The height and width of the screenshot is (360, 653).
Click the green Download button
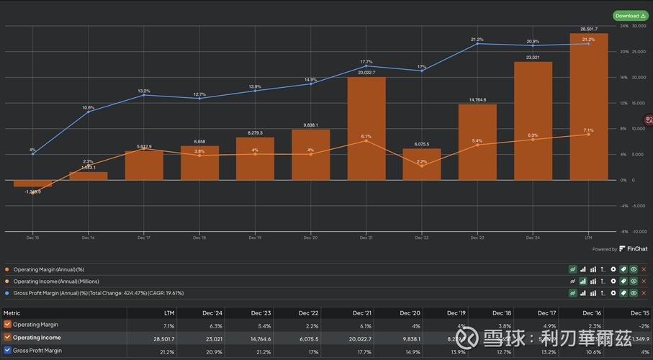629,15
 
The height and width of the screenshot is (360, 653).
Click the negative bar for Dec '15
32,184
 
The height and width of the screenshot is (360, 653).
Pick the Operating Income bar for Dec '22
422,164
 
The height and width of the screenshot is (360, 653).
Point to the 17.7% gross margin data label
366,61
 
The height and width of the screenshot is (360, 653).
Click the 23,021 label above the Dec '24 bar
533,58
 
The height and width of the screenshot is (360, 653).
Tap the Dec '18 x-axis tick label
199,237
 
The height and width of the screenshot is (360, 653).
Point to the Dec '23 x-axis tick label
477,237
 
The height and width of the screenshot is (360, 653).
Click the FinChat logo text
636,249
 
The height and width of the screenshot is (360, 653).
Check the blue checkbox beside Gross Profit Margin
7,351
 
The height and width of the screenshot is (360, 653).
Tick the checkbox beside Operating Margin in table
7,325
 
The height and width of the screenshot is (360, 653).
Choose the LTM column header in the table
168,313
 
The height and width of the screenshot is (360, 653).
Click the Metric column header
12,313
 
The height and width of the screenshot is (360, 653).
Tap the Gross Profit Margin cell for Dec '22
312,351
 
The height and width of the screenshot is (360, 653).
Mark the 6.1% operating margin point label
366,136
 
